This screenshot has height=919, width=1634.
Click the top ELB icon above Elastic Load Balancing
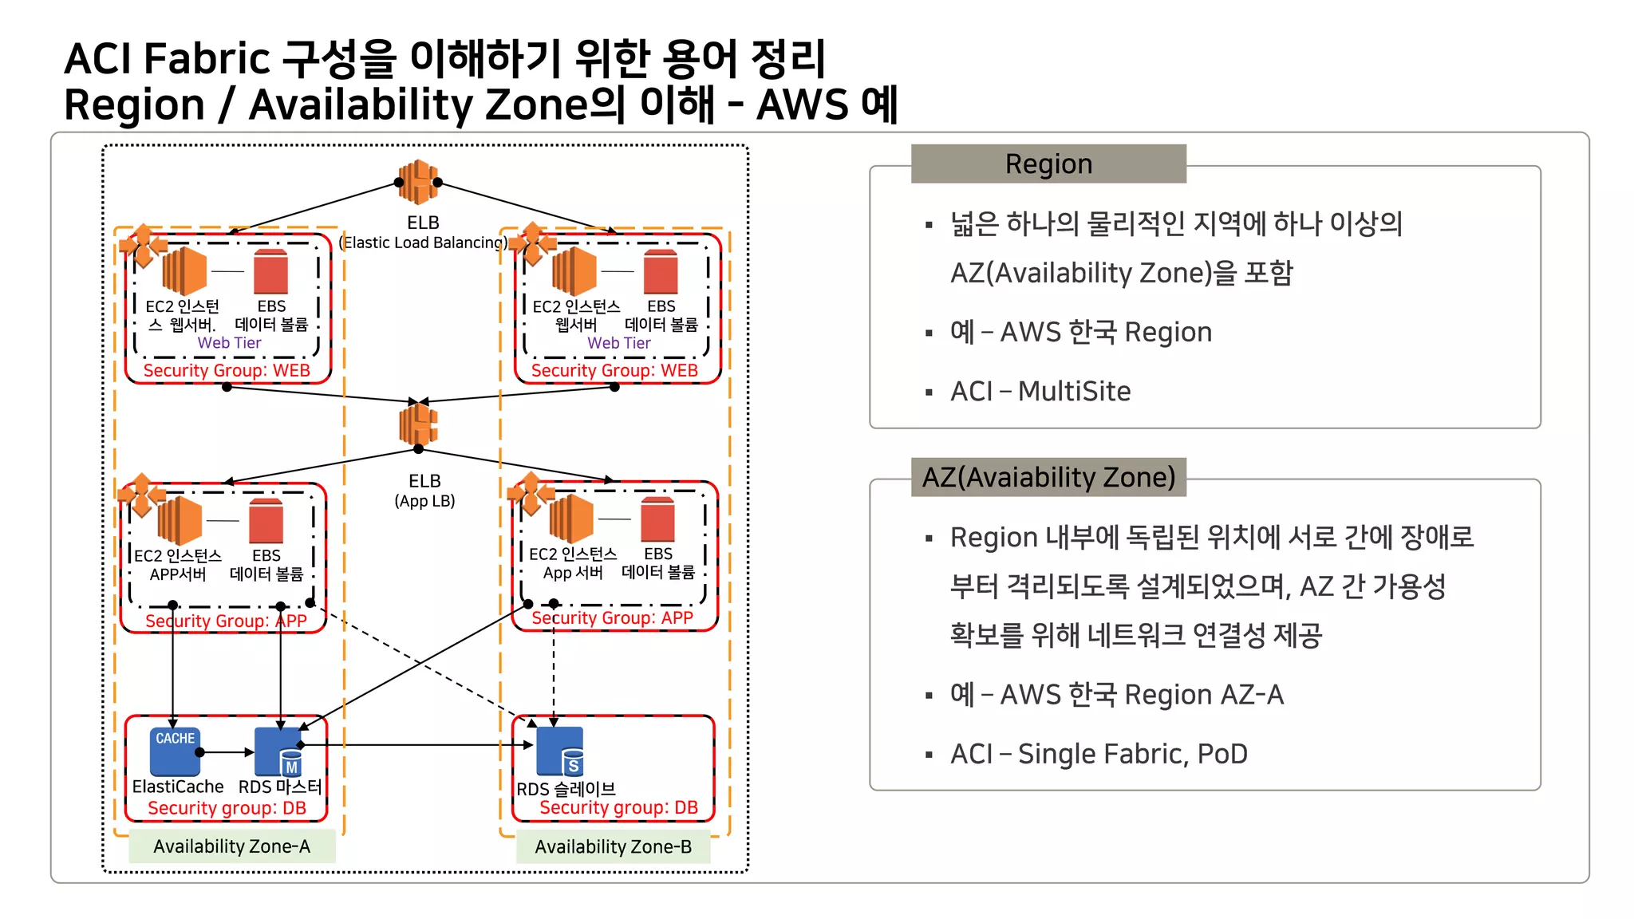tap(418, 183)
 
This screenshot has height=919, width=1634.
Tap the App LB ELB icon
tap(418, 424)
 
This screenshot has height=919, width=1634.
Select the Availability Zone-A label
tap(231, 846)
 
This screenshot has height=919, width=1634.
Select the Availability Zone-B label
tap(613, 846)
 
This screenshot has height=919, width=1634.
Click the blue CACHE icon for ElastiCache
tap(175, 751)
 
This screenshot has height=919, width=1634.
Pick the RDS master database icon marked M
tap(278, 752)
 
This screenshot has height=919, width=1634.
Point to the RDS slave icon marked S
tap(560, 751)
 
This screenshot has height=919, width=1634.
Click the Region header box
tap(1048, 164)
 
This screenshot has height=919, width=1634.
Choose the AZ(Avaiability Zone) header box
tap(1048, 477)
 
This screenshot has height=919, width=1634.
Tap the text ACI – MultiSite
tap(1040, 391)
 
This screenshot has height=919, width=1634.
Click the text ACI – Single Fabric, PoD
tap(1099, 754)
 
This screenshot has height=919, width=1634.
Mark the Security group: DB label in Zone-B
tap(618, 807)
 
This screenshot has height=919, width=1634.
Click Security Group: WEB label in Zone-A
tap(227, 370)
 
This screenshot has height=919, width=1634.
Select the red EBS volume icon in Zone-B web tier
tap(661, 272)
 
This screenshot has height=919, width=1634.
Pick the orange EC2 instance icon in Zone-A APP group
tap(180, 519)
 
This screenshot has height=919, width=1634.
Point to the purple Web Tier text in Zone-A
tap(229, 342)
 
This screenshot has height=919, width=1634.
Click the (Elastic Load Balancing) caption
tap(424, 243)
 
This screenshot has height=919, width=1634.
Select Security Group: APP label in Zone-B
tap(612, 617)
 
